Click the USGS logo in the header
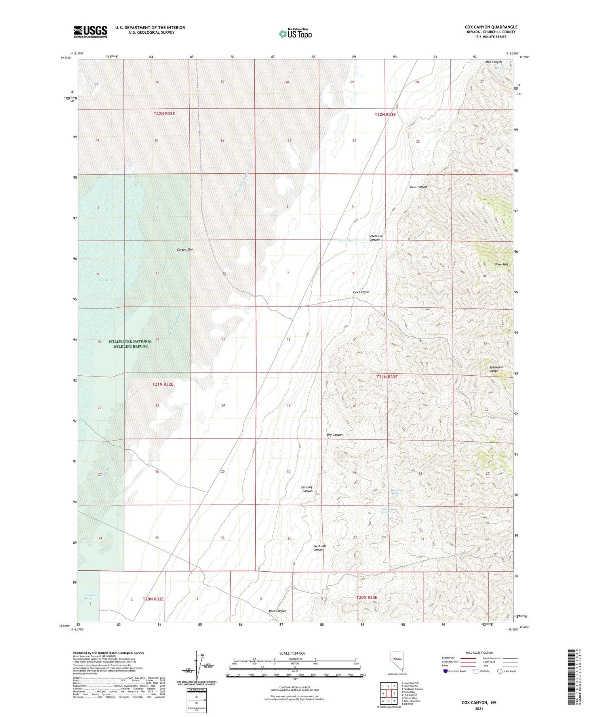(x=90, y=32)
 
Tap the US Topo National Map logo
(x=295, y=34)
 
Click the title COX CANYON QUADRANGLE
(x=491, y=27)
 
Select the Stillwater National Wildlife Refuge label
(x=130, y=344)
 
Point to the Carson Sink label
(x=185, y=250)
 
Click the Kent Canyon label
(x=419, y=187)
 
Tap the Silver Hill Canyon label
(x=376, y=238)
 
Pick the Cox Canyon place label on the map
(x=361, y=292)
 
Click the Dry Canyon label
(x=335, y=435)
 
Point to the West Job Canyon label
(x=319, y=548)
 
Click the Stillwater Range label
(x=496, y=369)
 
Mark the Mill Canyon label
(x=493, y=62)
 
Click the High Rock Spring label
(x=397, y=492)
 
